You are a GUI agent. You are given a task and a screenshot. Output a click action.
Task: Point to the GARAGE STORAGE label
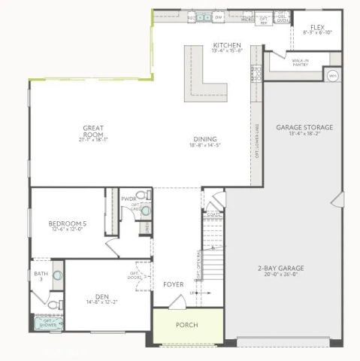coord(304,127)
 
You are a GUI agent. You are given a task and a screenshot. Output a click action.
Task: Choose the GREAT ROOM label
coord(93,131)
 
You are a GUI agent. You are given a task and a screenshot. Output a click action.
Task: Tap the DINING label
coord(204,138)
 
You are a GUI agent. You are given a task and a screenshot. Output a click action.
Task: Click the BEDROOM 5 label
coord(68,223)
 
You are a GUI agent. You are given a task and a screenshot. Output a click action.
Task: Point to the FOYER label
coord(174,284)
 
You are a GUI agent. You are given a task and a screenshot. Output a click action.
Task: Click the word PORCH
coord(186,325)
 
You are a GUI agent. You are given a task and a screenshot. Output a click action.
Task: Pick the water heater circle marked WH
coord(332,75)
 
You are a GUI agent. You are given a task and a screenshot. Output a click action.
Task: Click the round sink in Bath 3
coord(57,275)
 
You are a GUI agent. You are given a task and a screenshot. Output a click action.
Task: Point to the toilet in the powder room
coord(145,212)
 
